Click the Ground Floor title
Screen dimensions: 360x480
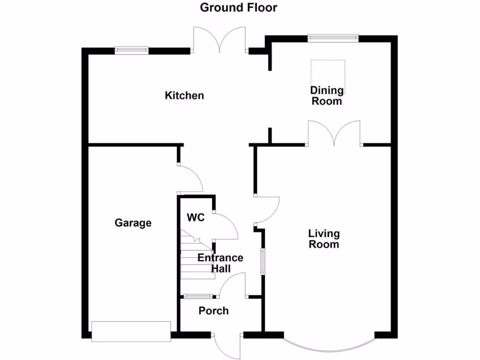[239, 7]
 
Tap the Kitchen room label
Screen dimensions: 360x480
[184, 96]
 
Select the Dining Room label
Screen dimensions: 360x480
[327, 96]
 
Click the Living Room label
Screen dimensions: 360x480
[323, 239]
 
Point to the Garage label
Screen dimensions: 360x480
[133, 223]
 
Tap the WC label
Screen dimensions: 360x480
[195, 217]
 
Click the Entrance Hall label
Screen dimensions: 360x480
[220, 263]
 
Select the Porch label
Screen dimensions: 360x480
[214, 311]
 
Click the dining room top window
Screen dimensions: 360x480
[333, 37]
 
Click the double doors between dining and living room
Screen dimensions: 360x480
[334, 134]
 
